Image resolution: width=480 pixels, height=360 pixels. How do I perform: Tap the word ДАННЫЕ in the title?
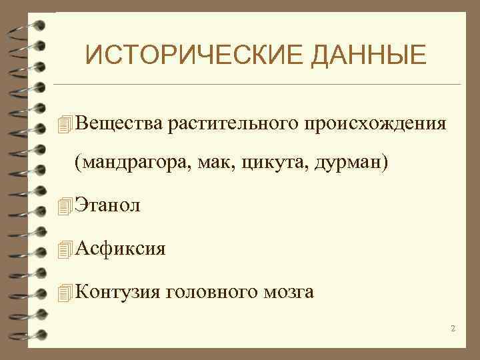pyautogui.click(x=361, y=55)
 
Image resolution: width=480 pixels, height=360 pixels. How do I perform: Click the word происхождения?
pyautogui.click(x=375, y=123)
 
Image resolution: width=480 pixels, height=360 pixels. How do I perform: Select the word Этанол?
pyautogui.click(x=108, y=206)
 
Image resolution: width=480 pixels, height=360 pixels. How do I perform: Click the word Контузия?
pyautogui.click(x=118, y=291)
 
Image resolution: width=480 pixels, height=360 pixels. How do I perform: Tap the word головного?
pyautogui.click(x=211, y=291)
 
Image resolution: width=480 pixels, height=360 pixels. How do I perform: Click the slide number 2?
pyautogui.click(x=453, y=328)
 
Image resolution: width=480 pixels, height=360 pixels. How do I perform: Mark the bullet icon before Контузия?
pyautogui.click(x=64, y=293)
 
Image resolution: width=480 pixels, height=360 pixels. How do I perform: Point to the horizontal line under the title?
pyautogui.click(x=256, y=85)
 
